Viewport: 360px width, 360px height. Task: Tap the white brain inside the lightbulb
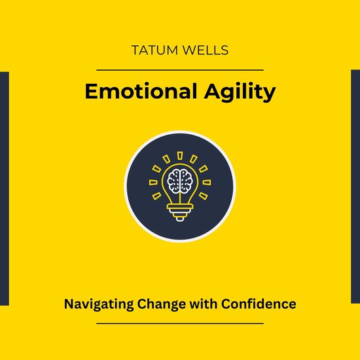tap(179, 181)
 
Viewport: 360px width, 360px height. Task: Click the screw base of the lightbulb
tap(179, 211)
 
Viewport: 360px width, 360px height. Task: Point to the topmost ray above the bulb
tap(179, 154)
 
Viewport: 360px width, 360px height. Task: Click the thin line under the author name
tap(179, 69)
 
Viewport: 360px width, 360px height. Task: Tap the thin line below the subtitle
tap(179, 323)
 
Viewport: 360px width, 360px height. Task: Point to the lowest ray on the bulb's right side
tap(204, 195)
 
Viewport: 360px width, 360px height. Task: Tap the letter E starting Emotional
tap(91, 92)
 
